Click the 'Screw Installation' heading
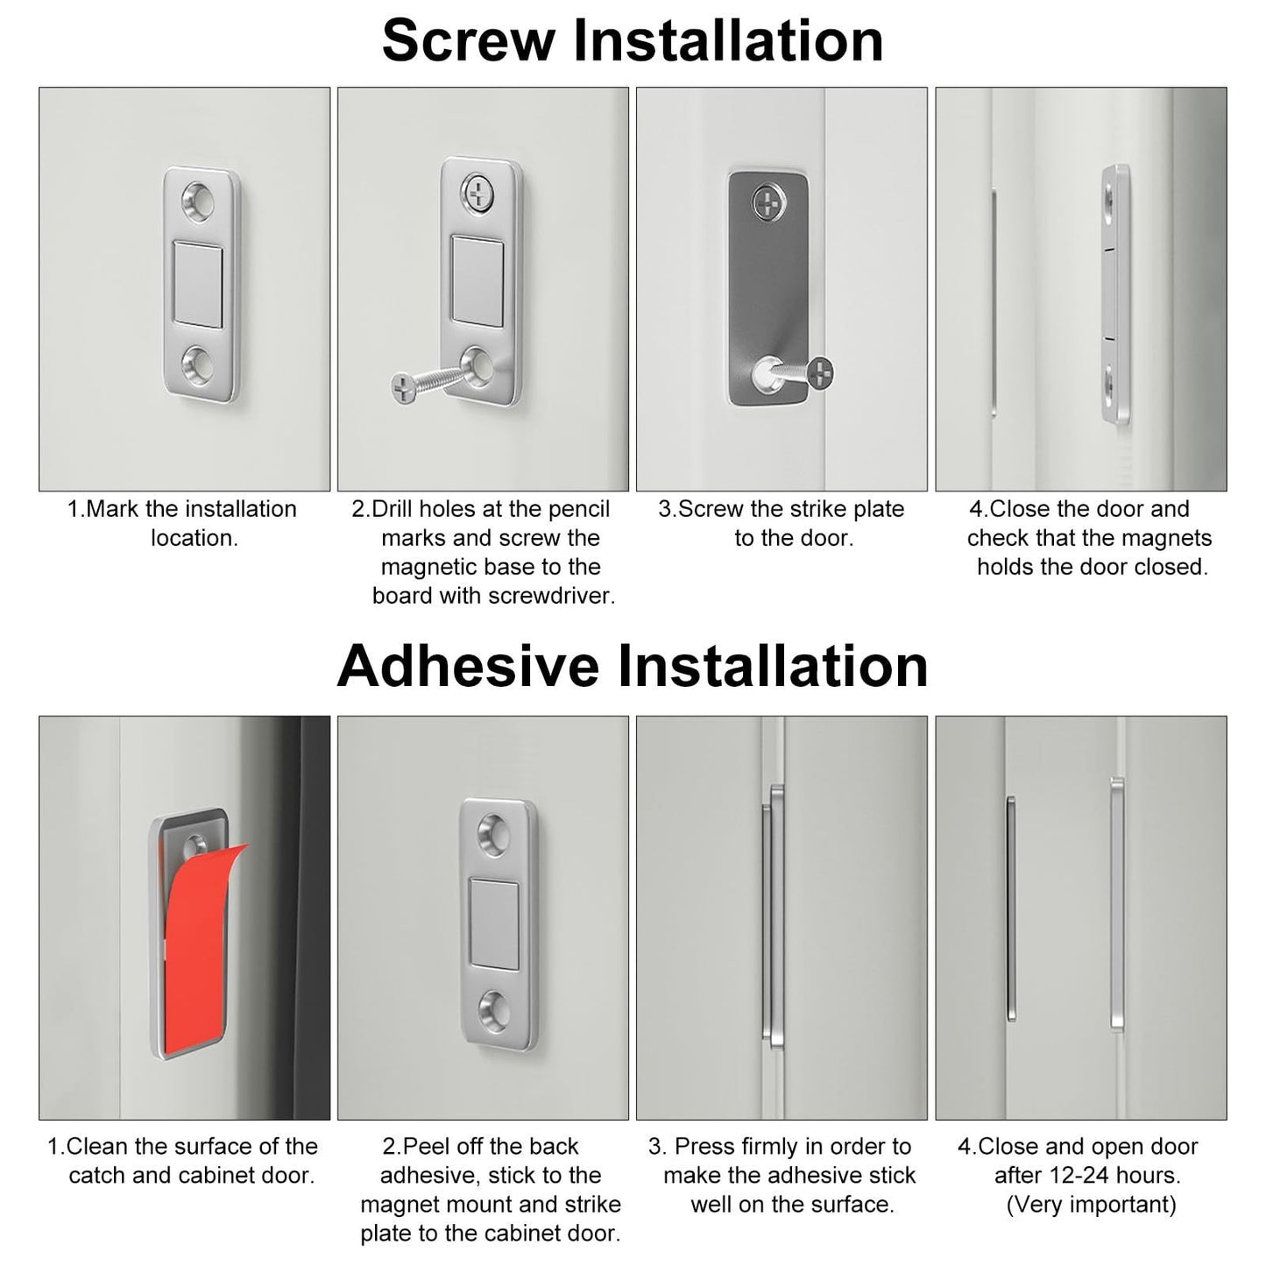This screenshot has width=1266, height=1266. [633, 40]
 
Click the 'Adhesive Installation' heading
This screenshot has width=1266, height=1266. [633, 666]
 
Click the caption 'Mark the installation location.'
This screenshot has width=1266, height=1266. [182, 523]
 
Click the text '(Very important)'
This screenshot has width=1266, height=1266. [1091, 1205]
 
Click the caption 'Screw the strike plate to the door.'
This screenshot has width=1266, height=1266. [782, 523]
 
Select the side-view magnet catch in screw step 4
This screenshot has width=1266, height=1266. [1115, 294]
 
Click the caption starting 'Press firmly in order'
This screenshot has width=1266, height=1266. [782, 1175]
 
